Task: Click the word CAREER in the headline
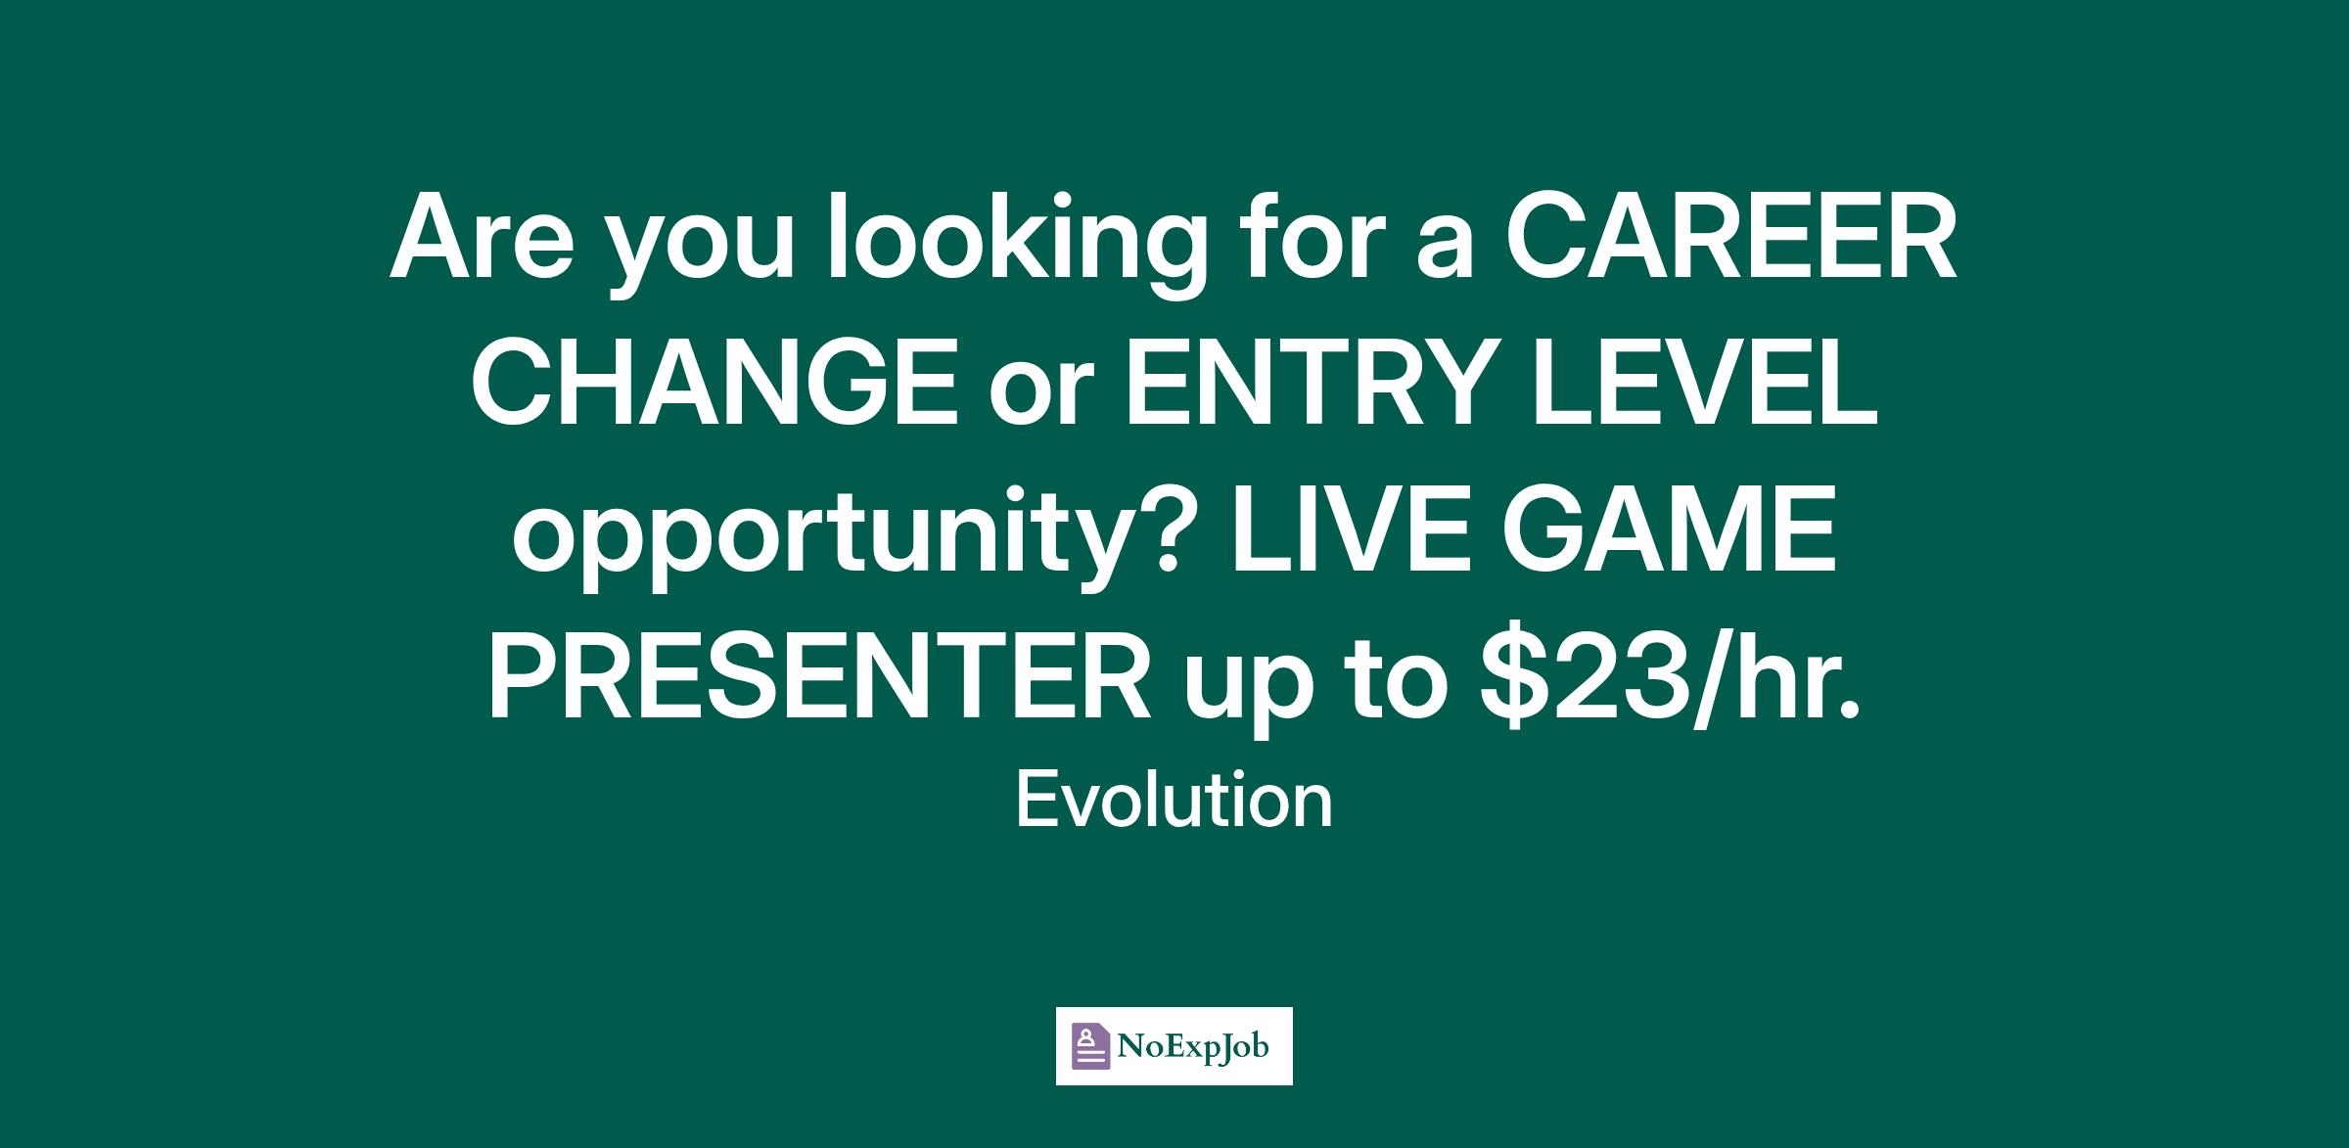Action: click(x=1730, y=240)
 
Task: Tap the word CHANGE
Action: click(x=717, y=386)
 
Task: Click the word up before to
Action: click(x=1246, y=693)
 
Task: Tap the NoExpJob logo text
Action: click(x=1193, y=1046)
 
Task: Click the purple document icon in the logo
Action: click(x=1091, y=1046)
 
